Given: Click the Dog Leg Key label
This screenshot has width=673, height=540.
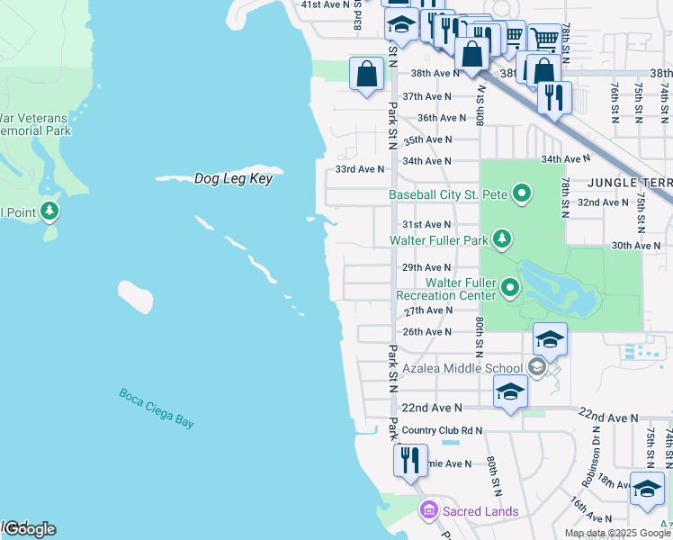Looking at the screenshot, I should [x=233, y=179].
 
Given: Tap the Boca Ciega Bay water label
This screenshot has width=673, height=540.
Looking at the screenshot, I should [x=157, y=408].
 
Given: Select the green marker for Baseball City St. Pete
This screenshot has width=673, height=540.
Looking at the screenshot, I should [x=521, y=193].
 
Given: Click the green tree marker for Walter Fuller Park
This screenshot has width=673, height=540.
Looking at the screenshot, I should [x=502, y=239].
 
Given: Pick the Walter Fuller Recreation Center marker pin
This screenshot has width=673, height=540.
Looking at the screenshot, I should [x=510, y=288].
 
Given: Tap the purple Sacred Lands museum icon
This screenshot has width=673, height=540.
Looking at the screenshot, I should [x=428, y=511].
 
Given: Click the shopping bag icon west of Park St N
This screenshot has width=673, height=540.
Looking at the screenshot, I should [x=367, y=74].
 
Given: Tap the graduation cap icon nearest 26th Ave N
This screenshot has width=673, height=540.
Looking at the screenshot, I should [x=550, y=338].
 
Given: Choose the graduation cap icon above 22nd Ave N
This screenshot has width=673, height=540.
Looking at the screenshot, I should [x=510, y=391].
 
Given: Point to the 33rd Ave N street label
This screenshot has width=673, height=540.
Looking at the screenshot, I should [x=359, y=168].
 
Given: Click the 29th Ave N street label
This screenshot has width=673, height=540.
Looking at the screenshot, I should [x=426, y=267].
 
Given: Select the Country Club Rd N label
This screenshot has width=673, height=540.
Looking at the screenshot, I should [x=442, y=430].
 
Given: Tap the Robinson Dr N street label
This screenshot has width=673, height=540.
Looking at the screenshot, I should [x=596, y=443].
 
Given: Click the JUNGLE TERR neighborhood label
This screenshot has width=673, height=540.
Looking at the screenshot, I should [x=629, y=182].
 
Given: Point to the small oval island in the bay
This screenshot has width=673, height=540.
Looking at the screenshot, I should [x=135, y=296].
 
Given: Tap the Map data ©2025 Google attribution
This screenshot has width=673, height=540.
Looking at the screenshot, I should [x=617, y=533].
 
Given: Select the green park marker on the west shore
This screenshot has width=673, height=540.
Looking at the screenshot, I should [x=49, y=212].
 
